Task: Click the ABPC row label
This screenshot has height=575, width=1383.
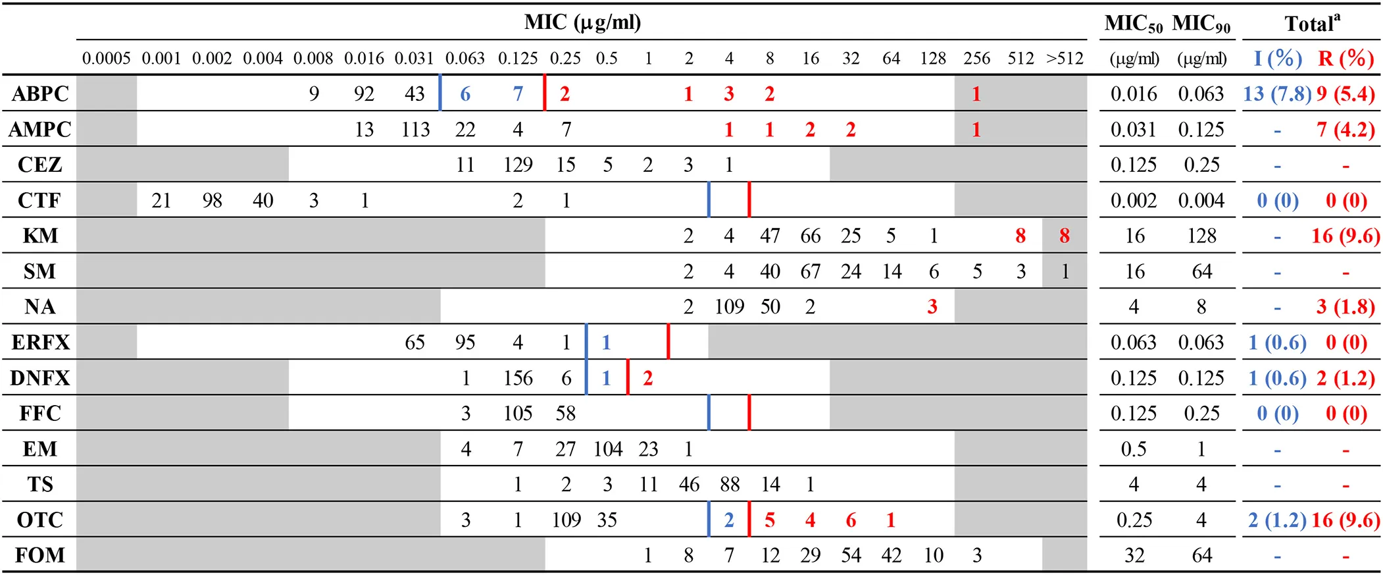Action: point(40,94)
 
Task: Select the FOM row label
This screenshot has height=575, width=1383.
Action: point(40,555)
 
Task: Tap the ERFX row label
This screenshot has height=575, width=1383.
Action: point(40,342)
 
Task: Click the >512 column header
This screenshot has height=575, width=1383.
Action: point(1065,59)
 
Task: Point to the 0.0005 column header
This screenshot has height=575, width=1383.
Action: point(106,59)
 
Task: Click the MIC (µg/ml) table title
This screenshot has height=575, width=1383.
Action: point(582,22)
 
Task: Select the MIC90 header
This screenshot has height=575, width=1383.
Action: point(1201,24)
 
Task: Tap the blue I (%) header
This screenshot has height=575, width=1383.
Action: point(1277,59)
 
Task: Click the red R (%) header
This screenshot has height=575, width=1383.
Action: point(1346,59)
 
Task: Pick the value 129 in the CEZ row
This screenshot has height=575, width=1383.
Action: point(518,165)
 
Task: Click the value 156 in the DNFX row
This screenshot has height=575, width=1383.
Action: point(518,378)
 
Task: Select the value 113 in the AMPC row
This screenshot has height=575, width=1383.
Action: point(415,129)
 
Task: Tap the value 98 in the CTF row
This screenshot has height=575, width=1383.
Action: point(212,200)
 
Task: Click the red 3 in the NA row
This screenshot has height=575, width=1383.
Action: point(932,307)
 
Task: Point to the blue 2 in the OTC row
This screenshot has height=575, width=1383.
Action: point(729,520)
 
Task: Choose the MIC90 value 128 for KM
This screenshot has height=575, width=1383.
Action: point(1201,236)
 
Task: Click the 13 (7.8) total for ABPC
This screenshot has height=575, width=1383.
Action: point(1277,94)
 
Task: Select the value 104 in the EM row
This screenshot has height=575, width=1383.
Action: point(607,449)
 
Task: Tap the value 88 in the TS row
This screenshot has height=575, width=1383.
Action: point(730,485)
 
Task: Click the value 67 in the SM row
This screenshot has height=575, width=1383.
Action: point(810,271)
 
